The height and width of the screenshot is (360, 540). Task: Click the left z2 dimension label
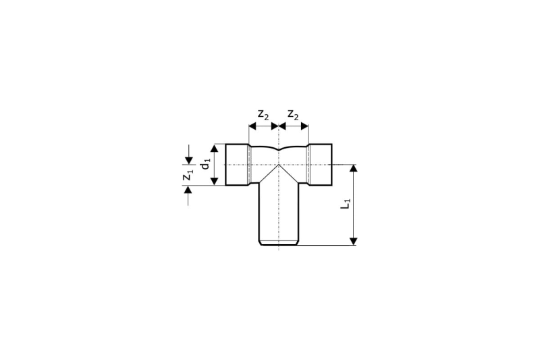click(263, 114)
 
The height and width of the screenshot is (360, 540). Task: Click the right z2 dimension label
click(293, 114)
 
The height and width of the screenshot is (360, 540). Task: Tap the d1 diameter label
click(205, 164)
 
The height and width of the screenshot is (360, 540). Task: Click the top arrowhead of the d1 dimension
click(214, 149)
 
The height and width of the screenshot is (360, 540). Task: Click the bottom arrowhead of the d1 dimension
click(214, 181)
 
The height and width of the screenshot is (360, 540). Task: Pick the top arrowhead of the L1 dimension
click(353, 168)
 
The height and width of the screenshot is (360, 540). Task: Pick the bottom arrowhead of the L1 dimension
click(353, 242)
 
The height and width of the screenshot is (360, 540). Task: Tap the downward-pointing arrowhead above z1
click(188, 161)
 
